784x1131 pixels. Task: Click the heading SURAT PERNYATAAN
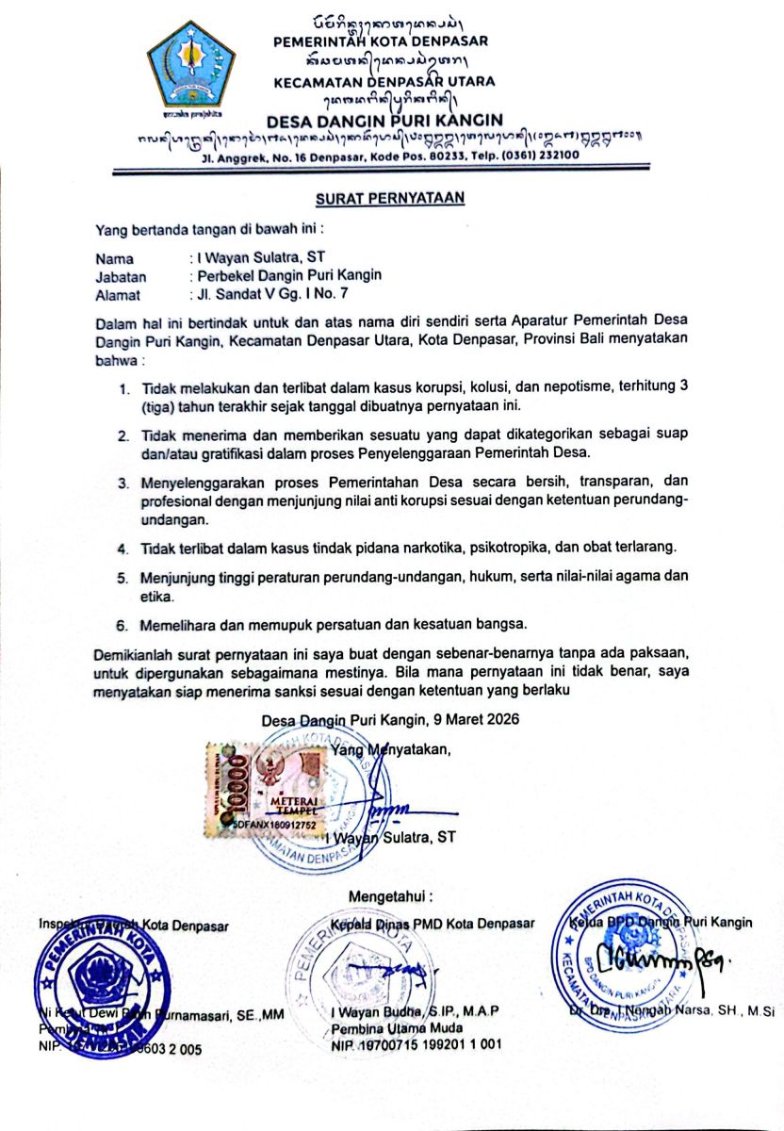[x=390, y=198]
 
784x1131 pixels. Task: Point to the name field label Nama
[x=114, y=257]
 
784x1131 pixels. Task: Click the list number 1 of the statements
[x=123, y=388]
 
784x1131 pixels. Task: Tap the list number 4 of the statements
[x=123, y=548]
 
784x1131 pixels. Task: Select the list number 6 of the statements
[x=123, y=624]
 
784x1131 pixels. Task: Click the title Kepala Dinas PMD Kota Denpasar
[x=433, y=924]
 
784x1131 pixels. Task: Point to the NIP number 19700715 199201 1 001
[x=416, y=1045]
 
